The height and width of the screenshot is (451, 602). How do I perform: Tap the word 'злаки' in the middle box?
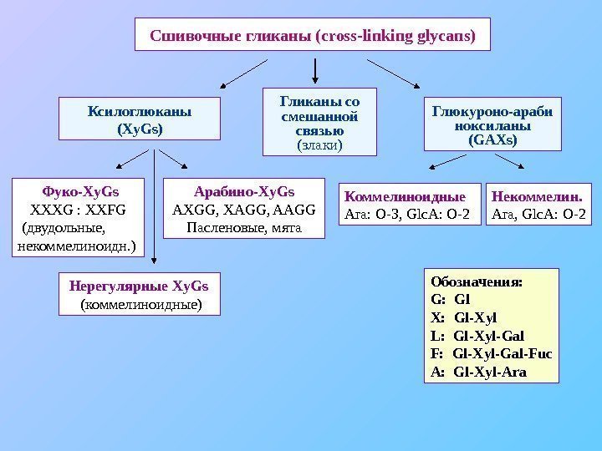(x=320, y=145)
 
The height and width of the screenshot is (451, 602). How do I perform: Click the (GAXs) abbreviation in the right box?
(x=492, y=141)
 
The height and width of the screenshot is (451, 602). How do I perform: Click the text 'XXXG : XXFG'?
(x=78, y=208)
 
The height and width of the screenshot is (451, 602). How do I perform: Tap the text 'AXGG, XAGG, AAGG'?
(x=243, y=208)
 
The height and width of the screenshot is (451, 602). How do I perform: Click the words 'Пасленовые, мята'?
(x=243, y=226)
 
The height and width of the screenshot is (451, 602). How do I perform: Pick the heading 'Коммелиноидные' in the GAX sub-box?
(x=405, y=197)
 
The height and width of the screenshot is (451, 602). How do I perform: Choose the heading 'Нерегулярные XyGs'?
(x=140, y=286)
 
